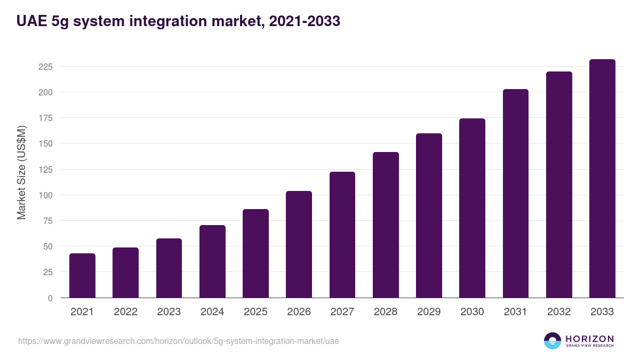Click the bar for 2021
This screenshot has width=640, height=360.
pyautogui.click(x=82, y=276)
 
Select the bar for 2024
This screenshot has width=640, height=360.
pyautogui.click(x=212, y=261)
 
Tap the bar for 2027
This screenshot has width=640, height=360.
pyautogui.click(x=342, y=235)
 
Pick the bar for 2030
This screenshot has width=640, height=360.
pyautogui.click(x=473, y=208)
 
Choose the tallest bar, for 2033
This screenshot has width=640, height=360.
pyautogui.click(x=602, y=179)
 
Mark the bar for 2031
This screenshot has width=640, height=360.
pyautogui.click(x=516, y=194)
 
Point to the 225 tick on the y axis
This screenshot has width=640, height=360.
pyautogui.click(x=45, y=67)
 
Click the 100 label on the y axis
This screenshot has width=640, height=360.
pyautogui.click(x=45, y=195)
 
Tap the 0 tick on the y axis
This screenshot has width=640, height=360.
pyautogui.click(x=50, y=298)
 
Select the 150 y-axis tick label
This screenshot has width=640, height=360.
pyautogui.click(x=45, y=144)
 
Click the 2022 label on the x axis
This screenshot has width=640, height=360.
pyautogui.click(x=125, y=312)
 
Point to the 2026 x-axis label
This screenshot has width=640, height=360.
pyautogui.click(x=299, y=312)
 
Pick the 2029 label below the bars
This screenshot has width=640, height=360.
pyautogui.click(x=429, y=312)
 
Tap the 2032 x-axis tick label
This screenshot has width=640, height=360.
pyautogui.click(x=559, y=312)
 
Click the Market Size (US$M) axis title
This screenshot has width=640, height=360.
pyautogui.click(x=21, y=173)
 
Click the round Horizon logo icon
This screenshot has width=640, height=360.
pyautogui.click(x=552, y=341)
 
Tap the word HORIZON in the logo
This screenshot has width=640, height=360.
pyautogui.click(x=589, y=339)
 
